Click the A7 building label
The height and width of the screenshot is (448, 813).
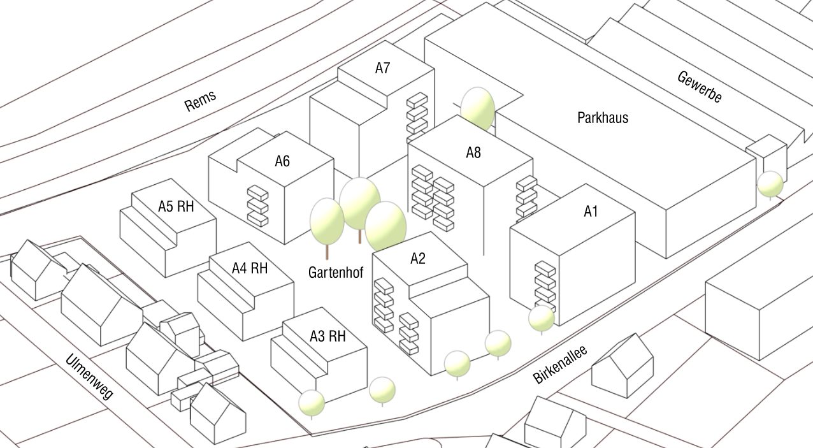tap(382, 69)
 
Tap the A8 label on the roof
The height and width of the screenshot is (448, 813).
tap(473, 153)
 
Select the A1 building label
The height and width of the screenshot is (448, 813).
tap(591, 212)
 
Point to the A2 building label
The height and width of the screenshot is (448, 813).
tap(418, 259)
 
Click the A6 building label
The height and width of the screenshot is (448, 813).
tap(282, 161)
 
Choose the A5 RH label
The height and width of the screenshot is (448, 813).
tap(176, 206)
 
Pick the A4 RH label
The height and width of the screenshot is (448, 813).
tap(250, 268)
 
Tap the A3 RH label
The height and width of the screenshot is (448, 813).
tap(327, 336)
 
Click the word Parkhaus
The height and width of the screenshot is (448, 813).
tap(603, 118)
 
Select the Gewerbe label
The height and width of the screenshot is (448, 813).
tap(700, 87)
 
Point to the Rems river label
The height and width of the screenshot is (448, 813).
tap(201, 101)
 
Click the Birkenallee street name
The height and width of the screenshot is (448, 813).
tap(560, 365)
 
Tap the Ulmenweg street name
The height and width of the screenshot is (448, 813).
tap(89, 377)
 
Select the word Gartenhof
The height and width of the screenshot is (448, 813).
tap(335, 273)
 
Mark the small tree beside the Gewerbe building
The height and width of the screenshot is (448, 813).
tap(770, 184)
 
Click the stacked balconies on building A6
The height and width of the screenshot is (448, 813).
tap(258, 205)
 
